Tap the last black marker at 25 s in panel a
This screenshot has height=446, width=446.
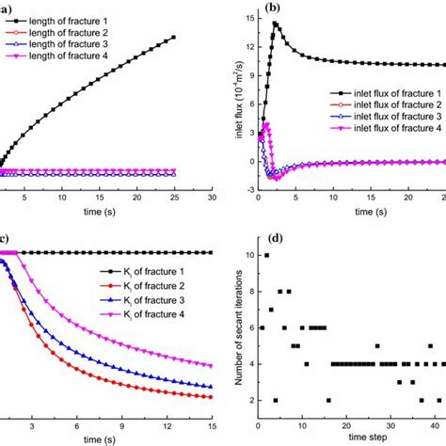[x=175, y=38]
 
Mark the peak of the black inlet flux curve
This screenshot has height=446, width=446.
[x=276, y=24]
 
